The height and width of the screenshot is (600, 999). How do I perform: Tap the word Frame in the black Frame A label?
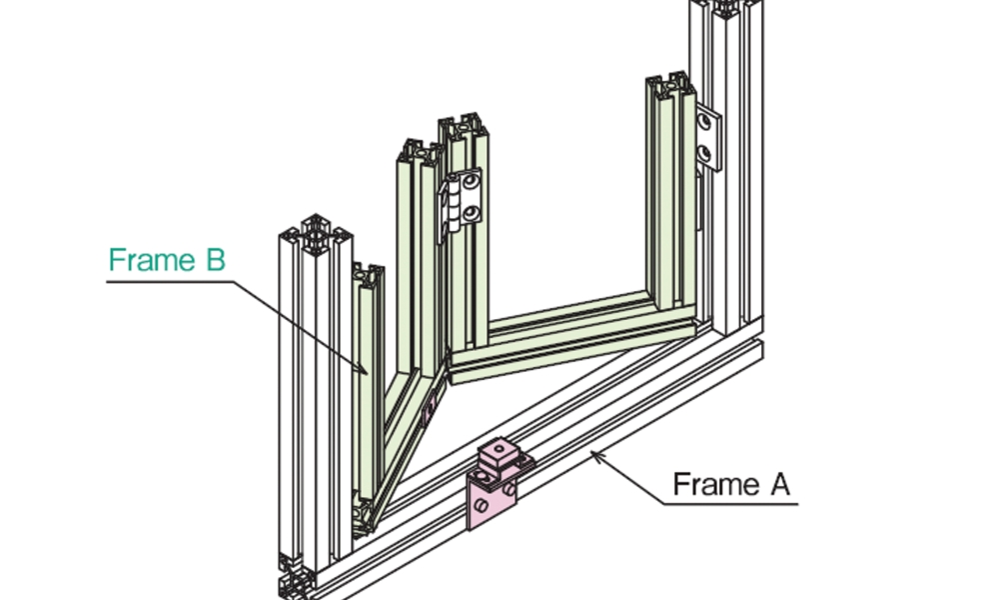coord(715,485)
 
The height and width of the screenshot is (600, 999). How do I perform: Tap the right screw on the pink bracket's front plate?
coord(507,492)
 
